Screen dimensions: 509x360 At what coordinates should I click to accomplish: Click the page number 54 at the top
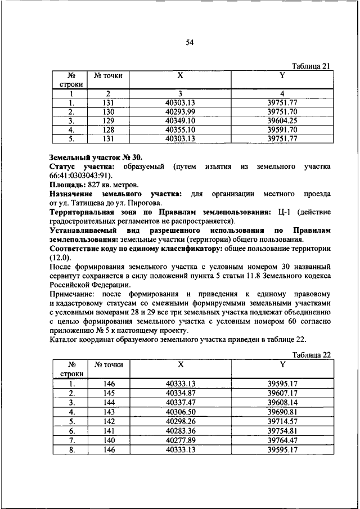(190, 43)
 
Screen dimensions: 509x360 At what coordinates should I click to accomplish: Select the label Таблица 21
(310, 66)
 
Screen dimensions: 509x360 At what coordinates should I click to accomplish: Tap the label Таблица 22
(310, 354)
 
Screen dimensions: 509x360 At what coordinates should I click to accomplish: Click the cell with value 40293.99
(180, 111)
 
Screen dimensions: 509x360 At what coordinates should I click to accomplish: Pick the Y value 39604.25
(282, 120)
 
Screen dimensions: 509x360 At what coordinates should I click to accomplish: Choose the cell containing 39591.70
(282, 129)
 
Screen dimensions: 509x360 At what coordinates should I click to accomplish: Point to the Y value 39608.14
(282, 402)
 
